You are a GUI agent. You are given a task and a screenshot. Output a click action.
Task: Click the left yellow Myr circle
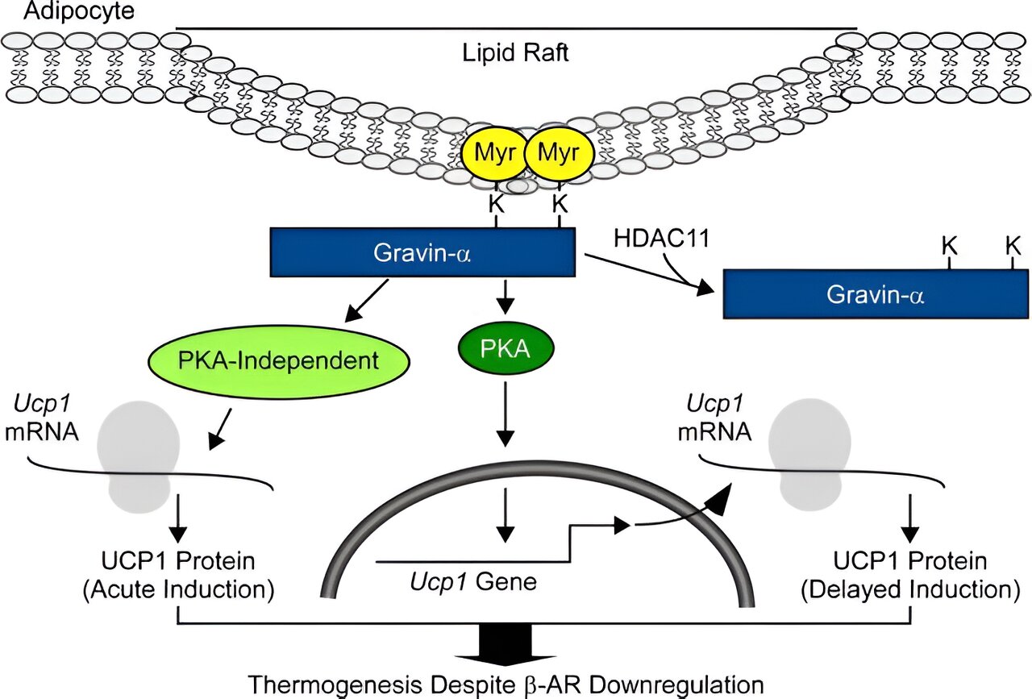[x=494, y=153]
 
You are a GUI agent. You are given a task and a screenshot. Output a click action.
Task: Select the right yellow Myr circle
[x=559, y=153]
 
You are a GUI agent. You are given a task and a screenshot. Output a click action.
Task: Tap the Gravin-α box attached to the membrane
[x=422, y=252]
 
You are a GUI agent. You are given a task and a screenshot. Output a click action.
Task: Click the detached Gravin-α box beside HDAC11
[x=876, y=294]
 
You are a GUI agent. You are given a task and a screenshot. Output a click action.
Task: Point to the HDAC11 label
[x=662, y=239]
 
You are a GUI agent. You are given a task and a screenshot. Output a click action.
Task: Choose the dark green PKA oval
[x=506, y=349]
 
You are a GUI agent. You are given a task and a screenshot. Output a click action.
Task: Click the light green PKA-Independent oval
[x=279, y=361]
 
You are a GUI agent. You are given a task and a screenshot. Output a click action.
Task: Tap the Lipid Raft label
[x=515, y=52]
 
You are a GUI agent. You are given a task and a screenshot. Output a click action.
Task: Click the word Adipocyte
[x=79, y=10]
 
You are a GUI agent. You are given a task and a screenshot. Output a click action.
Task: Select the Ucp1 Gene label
[x=473, y=581]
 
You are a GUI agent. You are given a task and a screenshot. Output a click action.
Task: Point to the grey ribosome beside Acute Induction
[x=138, y=457]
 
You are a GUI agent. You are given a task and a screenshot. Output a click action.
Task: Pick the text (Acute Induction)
[x=179, y=590]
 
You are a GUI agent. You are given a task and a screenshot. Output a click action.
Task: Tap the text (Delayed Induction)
[x=910, y=590]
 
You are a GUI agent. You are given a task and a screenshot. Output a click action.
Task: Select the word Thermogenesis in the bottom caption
[x=335, y=685]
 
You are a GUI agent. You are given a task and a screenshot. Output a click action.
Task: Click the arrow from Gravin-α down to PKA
[x=506, y=297]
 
